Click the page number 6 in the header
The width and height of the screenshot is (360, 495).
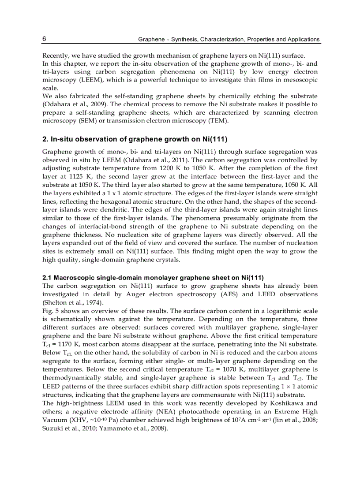[44, 39]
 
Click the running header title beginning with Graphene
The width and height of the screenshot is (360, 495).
[229, 39]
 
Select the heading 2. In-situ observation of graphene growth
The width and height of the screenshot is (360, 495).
[135, 139]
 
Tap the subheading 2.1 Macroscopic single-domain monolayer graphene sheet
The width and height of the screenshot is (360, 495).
[153, 278]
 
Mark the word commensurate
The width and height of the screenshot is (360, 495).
[211, 394]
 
